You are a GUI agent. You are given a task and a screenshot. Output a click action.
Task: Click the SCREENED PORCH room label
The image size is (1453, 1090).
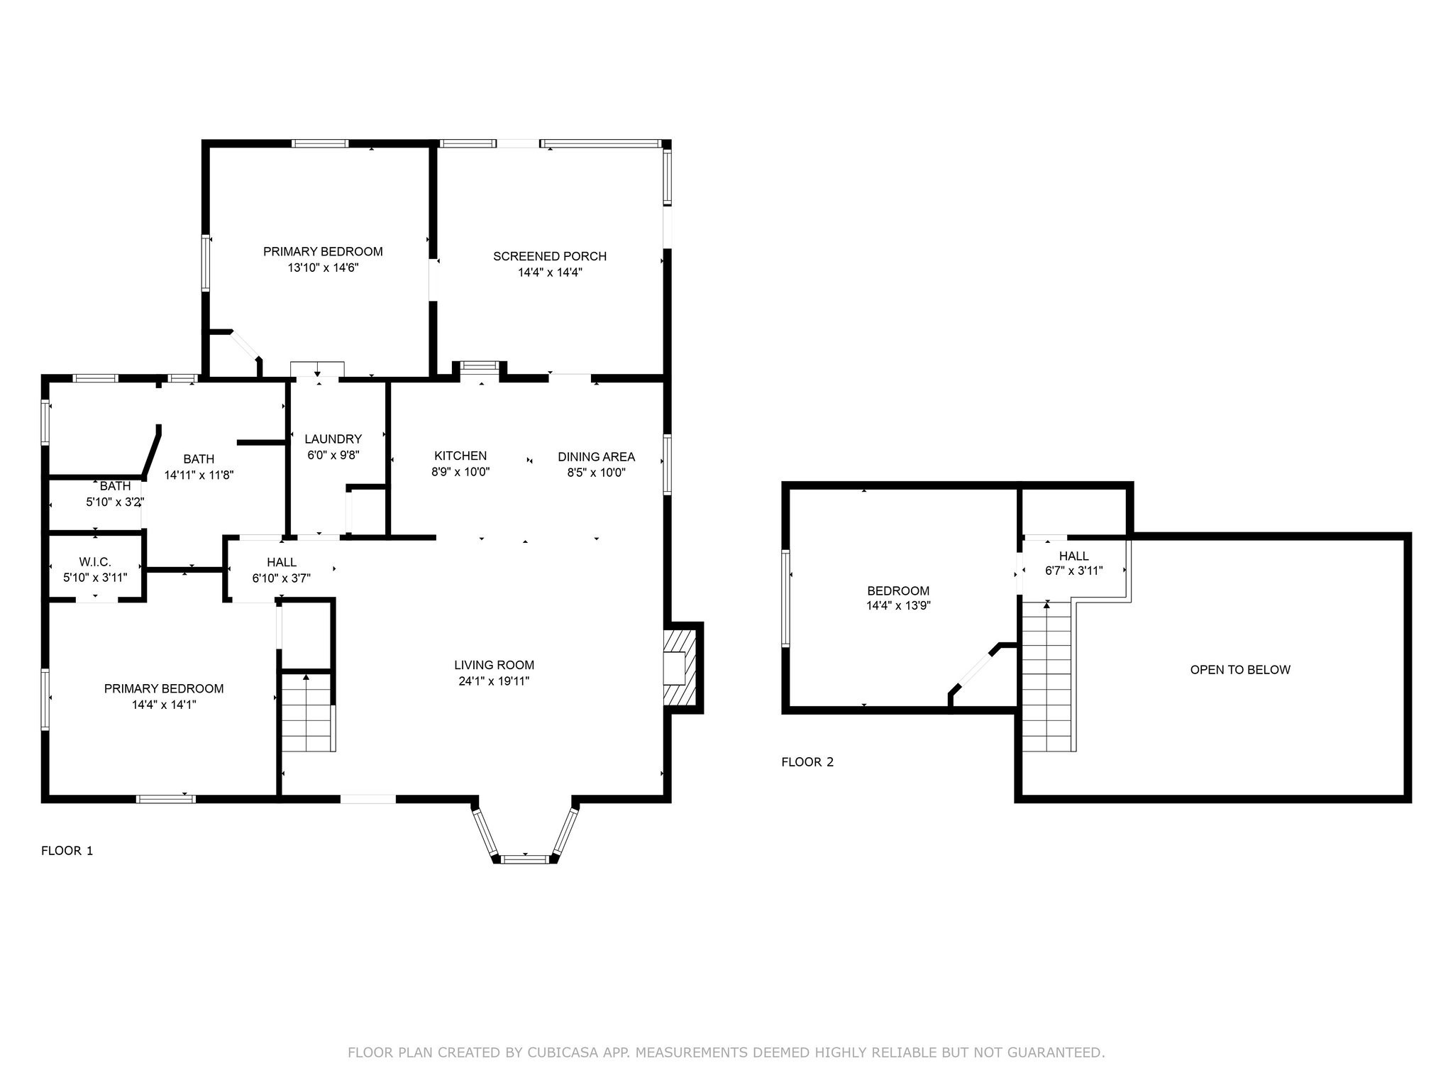coord(550,256)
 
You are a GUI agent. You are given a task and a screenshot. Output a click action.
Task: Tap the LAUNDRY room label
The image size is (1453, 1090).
coord(333,439)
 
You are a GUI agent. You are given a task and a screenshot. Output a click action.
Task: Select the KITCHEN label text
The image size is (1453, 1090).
coord(460,456)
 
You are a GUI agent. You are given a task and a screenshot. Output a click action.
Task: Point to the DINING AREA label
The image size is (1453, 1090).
coord(596,457)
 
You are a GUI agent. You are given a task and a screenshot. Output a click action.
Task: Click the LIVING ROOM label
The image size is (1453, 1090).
coord(495,665)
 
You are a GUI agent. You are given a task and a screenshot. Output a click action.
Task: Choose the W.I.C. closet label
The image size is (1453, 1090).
coord(95,562)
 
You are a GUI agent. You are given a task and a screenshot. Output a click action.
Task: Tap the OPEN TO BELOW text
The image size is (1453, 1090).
coord(1240,669)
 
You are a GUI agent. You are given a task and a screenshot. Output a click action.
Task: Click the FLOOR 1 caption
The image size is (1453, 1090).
coord(67,851)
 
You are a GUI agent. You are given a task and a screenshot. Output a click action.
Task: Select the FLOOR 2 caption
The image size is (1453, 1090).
coord(807,762)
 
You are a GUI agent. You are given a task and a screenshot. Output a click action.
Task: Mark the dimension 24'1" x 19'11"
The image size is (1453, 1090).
coord(495,681)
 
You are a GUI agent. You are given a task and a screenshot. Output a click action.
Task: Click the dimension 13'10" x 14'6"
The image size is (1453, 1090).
coord(323,268)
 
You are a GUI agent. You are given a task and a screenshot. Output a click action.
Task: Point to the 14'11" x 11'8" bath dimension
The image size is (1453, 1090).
coord(199,475)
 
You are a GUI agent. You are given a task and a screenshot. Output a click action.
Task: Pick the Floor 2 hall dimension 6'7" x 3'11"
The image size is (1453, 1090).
coord(1074,571)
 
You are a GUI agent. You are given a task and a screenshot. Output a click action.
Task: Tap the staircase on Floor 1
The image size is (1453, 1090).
coord(308,713)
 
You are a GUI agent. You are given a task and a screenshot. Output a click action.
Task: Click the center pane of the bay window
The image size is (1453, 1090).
coord(525,859)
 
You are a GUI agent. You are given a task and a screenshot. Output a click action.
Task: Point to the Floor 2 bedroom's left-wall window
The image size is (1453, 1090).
coord(786,598)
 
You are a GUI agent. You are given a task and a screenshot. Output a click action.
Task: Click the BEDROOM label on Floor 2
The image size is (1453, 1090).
coord(898,590)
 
